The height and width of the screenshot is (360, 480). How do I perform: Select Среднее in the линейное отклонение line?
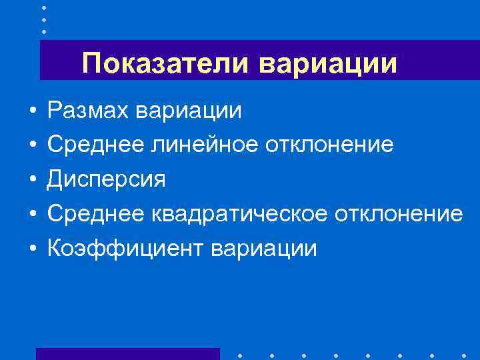click(89, 144)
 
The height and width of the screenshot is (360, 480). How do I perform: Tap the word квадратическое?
click(227, 214)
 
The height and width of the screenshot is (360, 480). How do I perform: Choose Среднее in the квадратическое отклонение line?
click(89, 214)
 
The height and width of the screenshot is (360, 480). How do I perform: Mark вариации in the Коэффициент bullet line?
click(264, 249)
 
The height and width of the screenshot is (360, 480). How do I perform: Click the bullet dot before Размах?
click(33, 110)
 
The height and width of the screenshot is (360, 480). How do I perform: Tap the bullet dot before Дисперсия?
click(33, 180)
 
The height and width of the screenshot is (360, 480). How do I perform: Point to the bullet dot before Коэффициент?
click(33, 249)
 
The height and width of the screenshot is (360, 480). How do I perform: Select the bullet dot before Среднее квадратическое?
click(33, 215)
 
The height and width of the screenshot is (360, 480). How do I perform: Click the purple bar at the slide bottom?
click(127, 354)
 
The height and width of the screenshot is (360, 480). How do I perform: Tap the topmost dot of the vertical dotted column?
click(44, 7)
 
